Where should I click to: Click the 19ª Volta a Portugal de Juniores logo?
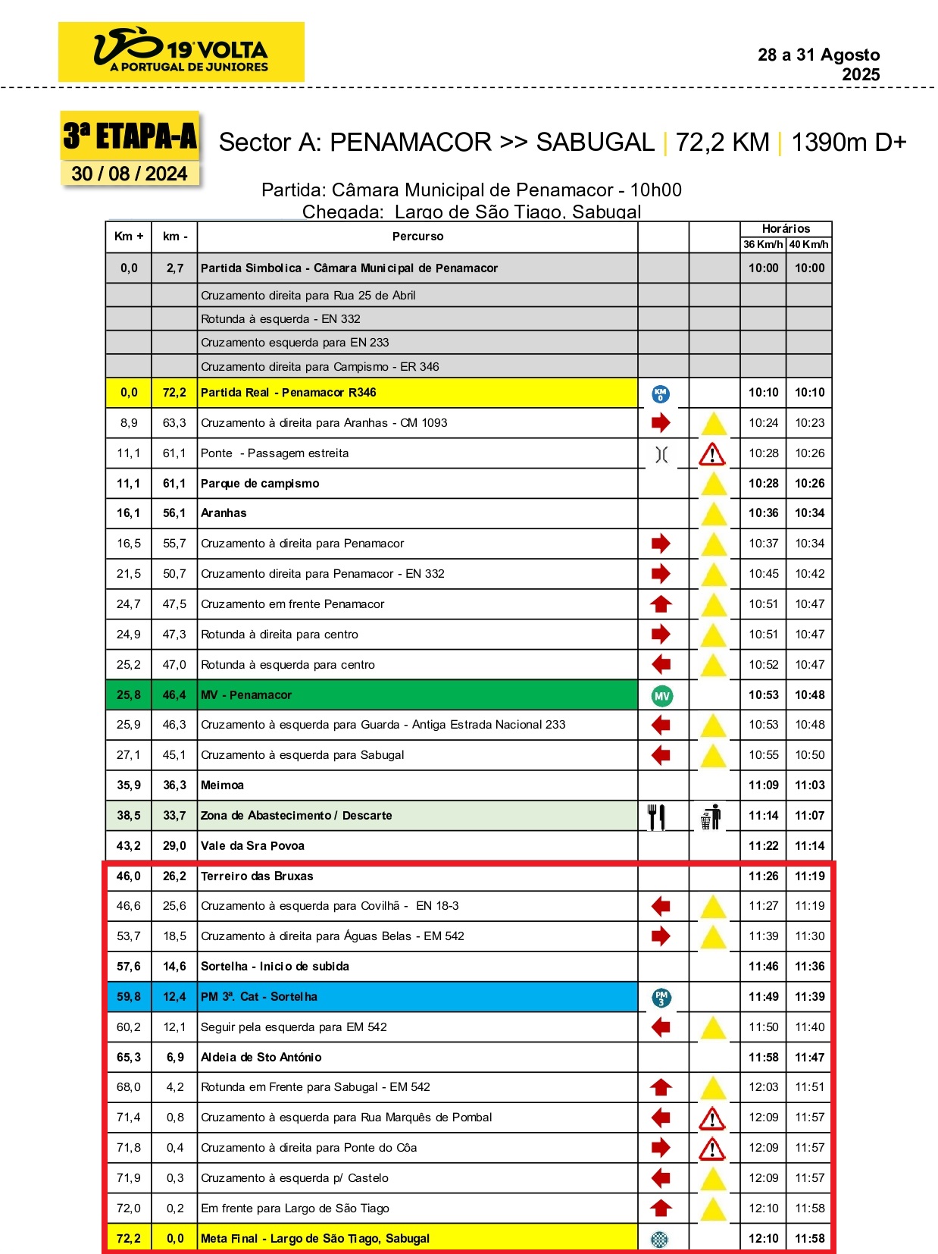(x=181, y=52)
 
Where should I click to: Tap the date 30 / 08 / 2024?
(x=129, y=174)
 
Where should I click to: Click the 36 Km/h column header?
(x=762, y=244)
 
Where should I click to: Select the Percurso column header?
(x=417, y=237)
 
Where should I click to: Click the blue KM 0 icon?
(x=660, y=393)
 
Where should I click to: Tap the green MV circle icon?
(x=661, y=696)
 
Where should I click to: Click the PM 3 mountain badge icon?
(x=661, y=997)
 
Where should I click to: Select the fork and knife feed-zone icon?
(x=657, y=817)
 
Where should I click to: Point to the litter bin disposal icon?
(x=711, y=817)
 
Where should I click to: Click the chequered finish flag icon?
(x=660, y=1239)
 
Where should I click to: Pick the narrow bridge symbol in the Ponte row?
(x=661, y=454)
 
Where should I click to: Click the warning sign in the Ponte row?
(x=712, y=454)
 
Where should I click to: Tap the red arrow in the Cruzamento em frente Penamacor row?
(x=661, y=604)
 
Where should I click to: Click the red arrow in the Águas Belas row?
(x=661, y=936)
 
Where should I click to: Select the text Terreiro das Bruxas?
(x=257, y=876)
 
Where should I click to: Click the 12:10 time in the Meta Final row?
(x=763, y=1238)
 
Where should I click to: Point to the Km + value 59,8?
(x=129, y=997)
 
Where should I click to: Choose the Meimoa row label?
(x=222, y=785)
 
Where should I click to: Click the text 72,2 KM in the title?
(x=722, y=143)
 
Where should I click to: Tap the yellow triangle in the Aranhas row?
(x=713, y=514)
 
